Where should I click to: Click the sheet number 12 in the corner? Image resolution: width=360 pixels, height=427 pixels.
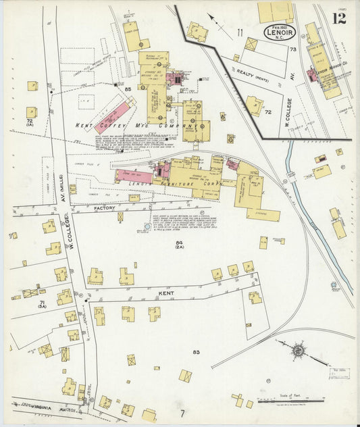[x=339, y=18]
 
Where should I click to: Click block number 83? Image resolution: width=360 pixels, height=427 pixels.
[x=196, y=353]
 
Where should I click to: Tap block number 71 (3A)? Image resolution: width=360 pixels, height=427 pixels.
[x=42, y=304]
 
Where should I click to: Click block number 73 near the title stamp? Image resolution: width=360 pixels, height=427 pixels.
[x=292, y=49]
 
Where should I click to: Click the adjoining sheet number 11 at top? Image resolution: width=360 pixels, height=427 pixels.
[x=239, y=32]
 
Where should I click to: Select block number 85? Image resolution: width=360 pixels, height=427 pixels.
[x=126, y=89]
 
